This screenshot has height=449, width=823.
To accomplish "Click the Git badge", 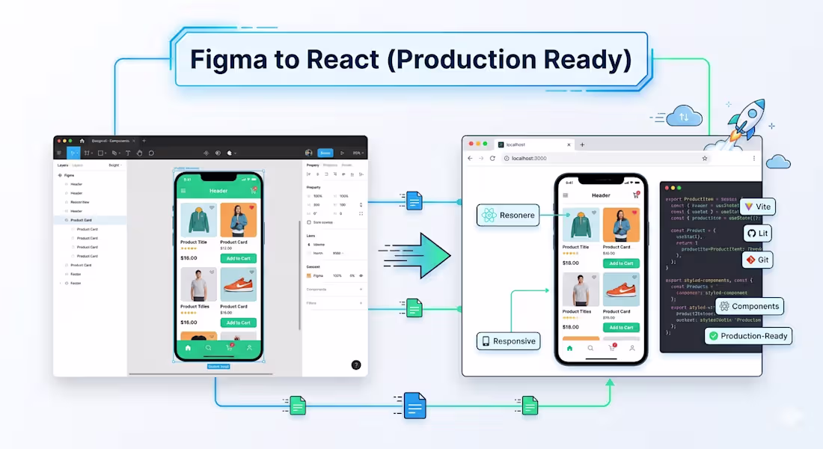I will click(756, 260).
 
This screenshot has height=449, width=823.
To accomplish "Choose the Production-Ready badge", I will click(747, 336).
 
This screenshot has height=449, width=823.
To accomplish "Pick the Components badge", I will click(749, 306).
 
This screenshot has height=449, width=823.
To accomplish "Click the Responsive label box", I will click(508, 341).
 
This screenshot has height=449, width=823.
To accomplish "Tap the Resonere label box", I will click(508, 216).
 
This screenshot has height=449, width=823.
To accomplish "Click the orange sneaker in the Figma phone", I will click(239, 285).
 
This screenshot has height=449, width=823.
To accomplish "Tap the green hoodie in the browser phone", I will click(580, 225).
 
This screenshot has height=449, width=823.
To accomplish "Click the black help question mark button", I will click(356, 364).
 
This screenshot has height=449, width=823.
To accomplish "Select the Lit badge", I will click(756, 233).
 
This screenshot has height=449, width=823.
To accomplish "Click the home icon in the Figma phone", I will click(188, 348).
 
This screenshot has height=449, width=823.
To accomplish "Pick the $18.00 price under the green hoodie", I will click(570, 263).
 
